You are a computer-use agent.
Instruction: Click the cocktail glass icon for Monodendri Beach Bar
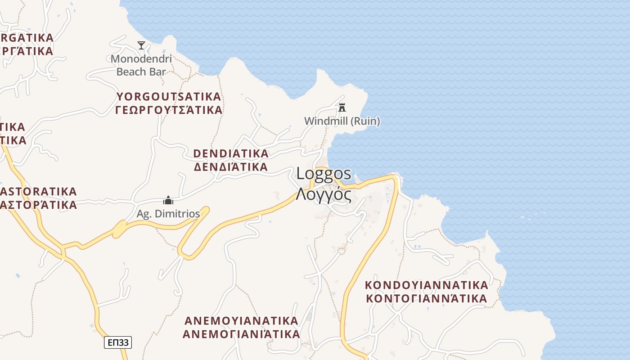pyautogui.click(x=141, y=45)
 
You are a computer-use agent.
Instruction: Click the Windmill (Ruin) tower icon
pyautogui.click(x=342, y=107)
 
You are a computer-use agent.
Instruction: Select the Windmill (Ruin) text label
pyautogui.click(x=342, y=121)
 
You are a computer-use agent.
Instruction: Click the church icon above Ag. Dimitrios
pyautogui.click(x=168, y=200)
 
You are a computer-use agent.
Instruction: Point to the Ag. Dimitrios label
pyautogui.click(x=168, y=214)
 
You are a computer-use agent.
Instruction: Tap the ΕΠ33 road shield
pyautogui.click(x=118, y=342)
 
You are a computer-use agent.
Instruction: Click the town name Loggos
pyautogui.click(x=324, y=174)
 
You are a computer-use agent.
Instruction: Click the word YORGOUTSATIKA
pyautogui.click(x=169, y=97)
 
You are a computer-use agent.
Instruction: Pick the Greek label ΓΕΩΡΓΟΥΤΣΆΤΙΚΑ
pyautogui.click(x=169, y=110)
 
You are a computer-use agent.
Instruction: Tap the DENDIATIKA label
pyautogui.click(x=231, y=153)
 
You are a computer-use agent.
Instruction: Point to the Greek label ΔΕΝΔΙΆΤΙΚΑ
pyautogui.click(x=231, y=167)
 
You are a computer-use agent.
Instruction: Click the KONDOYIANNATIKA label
pyautogui.click(x=426, y=285)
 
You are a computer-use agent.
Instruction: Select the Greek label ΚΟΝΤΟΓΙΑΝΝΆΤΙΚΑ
pyautogui.click(x=426, y=298)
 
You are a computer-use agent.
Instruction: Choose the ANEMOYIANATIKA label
pyautogui.click(x=242, y=321)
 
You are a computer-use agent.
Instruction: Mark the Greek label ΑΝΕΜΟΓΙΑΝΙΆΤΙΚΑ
pyautogui.click(x=242, y=334)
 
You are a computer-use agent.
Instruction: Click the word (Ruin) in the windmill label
pyautogui.click(x=365, y=121)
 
